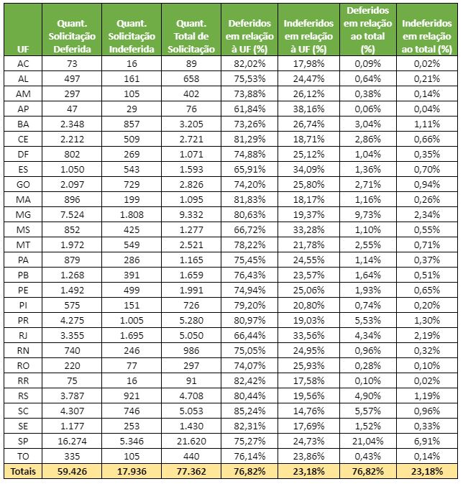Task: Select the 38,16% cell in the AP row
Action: [x=311, y=109]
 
